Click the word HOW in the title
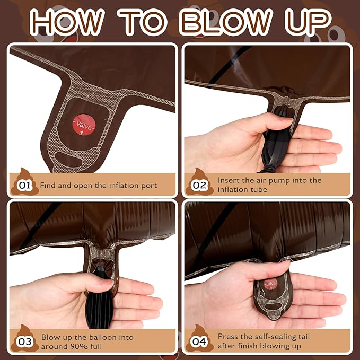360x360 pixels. pos(67,22)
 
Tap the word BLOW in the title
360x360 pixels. pos(226,22)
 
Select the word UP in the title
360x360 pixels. pos(308,22)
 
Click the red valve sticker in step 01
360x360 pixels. pos(84,125)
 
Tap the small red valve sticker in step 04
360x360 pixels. pos(271,284)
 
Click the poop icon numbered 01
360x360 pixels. pos(24,182)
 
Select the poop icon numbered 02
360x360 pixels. pos(199,182)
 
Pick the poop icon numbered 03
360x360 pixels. pos(24,338)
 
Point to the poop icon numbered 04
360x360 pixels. pos(199,338)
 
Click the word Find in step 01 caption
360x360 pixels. pos(48,185)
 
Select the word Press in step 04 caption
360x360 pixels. pos(229,337)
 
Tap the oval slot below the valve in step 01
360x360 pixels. pos(69,160)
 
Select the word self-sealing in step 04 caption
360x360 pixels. pos(268,337)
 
